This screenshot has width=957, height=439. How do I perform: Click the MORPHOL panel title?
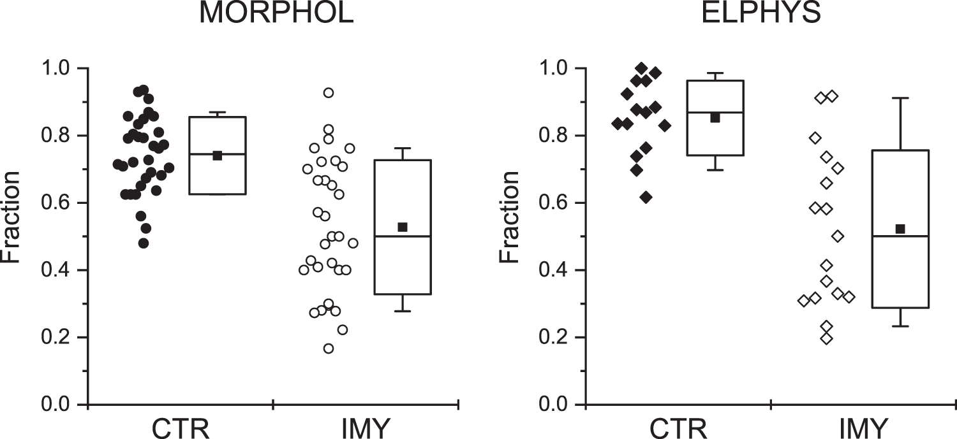[x=276, y=13]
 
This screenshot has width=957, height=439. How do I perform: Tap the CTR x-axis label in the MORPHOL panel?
[x=180, y=429]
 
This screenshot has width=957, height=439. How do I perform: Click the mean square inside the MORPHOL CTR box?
[x=217, y=155]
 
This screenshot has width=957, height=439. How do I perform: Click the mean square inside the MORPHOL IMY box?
[x=403, y=227]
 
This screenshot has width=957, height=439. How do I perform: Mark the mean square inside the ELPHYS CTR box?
[x=715, y=118]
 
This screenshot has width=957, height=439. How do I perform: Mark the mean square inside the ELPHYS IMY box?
[x=900, y=229]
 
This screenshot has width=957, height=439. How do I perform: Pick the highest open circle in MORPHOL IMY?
[x=329, y=92]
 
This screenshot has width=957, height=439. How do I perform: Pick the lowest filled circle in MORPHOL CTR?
[x=144, y=243]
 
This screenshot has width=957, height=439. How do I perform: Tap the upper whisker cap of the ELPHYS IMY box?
[x=900, y=98]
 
